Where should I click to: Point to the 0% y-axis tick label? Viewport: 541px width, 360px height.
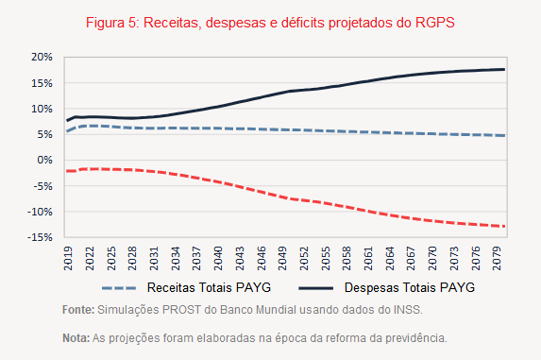tap(43, 160)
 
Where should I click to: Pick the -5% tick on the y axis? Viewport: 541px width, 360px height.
tap(41, 186)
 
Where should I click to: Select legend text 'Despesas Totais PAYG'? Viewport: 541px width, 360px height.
tap(409, 286)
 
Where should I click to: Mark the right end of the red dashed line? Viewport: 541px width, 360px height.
tap(531, 226)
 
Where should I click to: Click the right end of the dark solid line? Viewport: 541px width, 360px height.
tap(531, 69)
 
